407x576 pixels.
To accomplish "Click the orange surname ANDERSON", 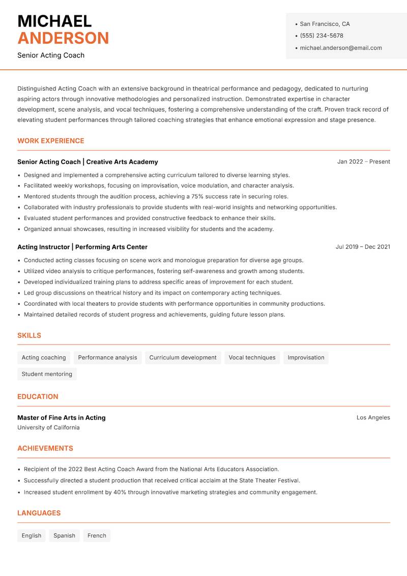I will pos(63,38).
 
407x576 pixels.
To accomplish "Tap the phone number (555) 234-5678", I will pos(322,36).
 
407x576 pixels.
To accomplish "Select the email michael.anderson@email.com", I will pos(341,48).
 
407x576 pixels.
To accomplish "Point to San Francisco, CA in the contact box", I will pos(325,24).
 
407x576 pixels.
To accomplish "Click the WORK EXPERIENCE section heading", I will pos(51,141).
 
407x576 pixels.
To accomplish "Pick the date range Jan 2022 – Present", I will pos(363,162).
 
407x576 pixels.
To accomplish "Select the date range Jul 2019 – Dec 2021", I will pos(363,247).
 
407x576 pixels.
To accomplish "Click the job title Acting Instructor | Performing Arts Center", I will pos(82,247).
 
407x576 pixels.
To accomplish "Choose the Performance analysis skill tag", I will pos(107,357).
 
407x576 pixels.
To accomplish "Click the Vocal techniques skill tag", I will pos(252,357).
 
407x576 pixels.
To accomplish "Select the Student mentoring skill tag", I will pos(47,374).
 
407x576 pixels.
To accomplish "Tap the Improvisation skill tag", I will pos(306,357).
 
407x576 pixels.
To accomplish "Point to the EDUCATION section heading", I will pos(38,397).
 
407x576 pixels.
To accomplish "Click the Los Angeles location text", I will pos(373,417).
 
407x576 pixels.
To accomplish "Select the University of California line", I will pos(48,428).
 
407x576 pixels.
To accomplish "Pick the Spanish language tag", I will pos(64,536).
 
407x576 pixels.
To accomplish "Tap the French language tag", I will pos(97,536).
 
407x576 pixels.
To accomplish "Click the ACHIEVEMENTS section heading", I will pos(45,449).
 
